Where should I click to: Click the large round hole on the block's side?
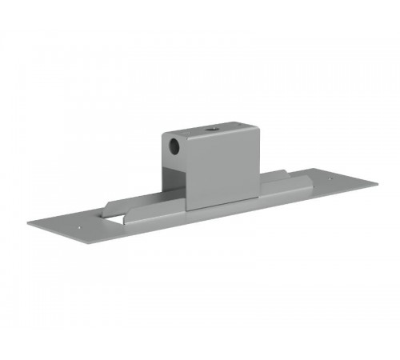[x=173, y=147]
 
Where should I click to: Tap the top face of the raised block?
[x=210, y=128]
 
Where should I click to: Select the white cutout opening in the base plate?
[x=113, y=214]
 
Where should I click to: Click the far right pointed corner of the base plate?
[x=378, y=182]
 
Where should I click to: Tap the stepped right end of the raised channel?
[x=312, y=178]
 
